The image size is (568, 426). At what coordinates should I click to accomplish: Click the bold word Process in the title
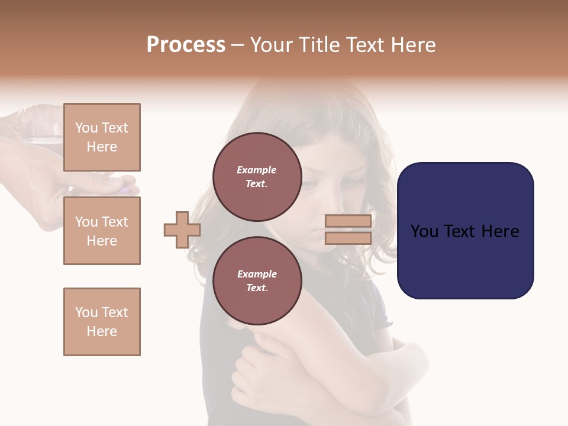[x=186, y=45]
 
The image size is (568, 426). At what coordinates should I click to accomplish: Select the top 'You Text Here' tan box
[x=102, y=137]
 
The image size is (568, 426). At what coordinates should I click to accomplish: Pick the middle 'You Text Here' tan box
[x=102, y=231]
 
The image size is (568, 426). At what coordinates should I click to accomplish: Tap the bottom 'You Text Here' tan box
[x=102, y=322]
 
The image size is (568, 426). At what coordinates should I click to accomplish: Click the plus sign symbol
[x=182, y=230]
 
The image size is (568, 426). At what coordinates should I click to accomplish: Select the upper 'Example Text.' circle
[x=257, y=177]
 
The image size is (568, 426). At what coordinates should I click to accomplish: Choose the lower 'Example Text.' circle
[x=257, y=281]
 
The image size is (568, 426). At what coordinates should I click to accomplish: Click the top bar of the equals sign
[x=348, y=221]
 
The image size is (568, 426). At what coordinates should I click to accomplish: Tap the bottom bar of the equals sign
[x=348, y=238]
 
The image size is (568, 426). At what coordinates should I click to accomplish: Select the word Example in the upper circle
[x=257, y=170]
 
